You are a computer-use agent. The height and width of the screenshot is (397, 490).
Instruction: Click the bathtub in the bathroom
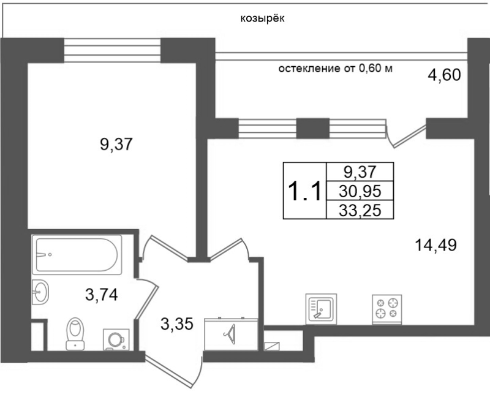point(77,255)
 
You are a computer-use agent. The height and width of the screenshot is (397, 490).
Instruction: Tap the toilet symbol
point(75,333)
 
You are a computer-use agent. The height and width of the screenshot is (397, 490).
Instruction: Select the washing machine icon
point(116,339)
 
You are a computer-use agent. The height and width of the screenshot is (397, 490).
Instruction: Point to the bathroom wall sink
point(40,292)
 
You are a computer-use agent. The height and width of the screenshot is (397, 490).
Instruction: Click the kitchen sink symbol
point(321,309)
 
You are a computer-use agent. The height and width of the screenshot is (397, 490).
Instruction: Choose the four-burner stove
point(386,309)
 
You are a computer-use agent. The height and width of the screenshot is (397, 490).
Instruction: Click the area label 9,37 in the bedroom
point(116,145)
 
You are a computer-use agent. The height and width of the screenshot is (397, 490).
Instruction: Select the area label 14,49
point(435,245)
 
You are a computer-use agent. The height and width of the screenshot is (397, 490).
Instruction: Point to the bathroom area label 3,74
point(102,295)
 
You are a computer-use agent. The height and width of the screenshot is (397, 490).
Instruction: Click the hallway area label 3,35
point(177,324)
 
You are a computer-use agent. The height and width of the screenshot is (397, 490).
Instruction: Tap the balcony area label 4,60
point(444,75)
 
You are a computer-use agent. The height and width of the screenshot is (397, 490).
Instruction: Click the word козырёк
point(263,19)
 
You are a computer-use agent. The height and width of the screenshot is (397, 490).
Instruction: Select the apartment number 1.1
point(304,191)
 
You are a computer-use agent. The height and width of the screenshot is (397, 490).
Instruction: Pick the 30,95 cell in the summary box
point(360,191)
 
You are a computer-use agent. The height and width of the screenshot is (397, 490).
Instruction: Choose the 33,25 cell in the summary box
point(360,209)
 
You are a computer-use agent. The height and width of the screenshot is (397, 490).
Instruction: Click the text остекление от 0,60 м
point(335,69)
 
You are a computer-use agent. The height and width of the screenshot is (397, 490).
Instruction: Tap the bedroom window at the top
point(112,50)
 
